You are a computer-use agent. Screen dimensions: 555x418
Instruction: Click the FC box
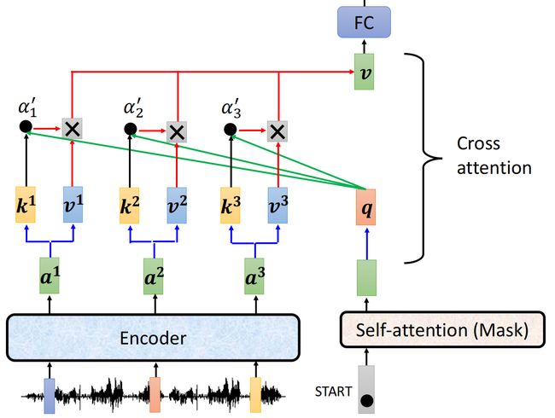point(364,22)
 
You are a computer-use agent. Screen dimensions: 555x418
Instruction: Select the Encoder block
point(153,338)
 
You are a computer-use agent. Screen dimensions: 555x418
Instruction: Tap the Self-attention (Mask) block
point(442,329)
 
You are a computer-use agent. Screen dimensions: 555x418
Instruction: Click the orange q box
point(366,207)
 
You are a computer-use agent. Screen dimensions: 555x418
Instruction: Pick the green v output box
point(365,72)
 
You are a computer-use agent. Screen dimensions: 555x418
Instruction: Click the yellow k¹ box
point(26,205)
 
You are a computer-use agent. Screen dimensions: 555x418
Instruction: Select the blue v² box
point(177,205)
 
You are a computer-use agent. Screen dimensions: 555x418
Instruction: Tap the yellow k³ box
point(231,205)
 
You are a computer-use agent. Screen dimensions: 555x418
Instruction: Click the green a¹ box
point(50,276)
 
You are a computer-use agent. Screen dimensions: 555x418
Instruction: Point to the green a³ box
point(254,276)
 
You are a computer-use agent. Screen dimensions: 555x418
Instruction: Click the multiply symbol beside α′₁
point(73,128)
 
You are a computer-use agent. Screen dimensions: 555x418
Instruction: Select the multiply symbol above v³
point(277,131)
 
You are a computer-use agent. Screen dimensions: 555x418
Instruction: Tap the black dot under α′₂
point(131,129)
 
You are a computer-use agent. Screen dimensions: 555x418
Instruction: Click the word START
point(333,392)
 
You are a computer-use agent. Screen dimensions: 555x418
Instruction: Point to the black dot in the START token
point(366,401)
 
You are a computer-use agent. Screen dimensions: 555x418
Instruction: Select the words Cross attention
point(494,155)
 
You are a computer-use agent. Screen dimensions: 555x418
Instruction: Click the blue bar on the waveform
point(50,396)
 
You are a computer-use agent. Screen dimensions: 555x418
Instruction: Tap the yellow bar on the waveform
point(255,395)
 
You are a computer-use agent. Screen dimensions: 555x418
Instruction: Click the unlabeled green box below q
point(366,277)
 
